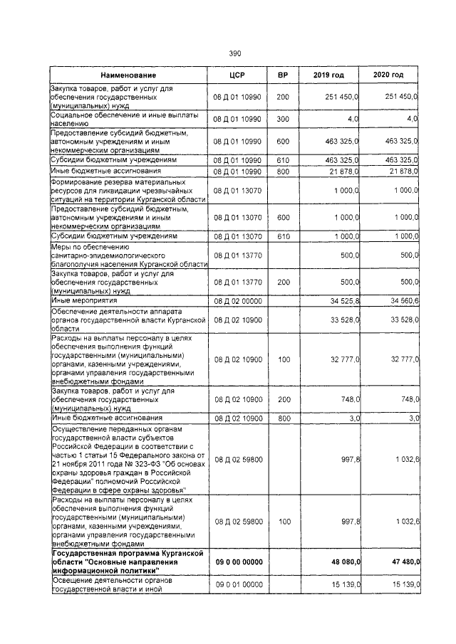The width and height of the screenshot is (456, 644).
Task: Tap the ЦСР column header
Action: [237, 75]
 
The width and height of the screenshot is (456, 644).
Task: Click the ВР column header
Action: [283, 75]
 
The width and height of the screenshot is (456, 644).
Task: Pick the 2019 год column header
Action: [328, 75]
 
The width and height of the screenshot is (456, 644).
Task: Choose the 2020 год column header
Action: [389, 75]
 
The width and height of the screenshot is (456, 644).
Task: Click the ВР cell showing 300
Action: [283, 117]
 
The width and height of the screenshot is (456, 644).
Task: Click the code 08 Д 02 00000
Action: [238, 301]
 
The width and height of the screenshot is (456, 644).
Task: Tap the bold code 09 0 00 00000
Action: [238, 561]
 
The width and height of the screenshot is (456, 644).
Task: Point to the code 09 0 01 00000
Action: [238, 584]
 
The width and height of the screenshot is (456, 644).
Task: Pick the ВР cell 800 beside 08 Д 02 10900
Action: [283, 418]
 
